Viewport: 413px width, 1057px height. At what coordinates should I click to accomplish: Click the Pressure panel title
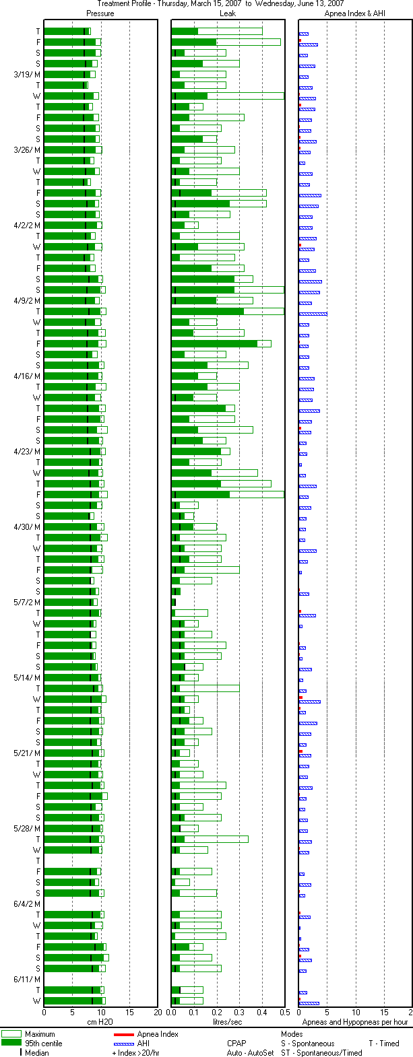coord(100,13)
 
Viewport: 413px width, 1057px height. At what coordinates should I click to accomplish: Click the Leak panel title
coord(228,13)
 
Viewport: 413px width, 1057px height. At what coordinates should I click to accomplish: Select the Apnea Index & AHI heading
coord(354,13)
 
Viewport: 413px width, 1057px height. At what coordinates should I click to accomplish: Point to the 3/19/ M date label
coord(27,74)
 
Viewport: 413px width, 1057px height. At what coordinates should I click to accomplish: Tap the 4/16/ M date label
coord(27,376)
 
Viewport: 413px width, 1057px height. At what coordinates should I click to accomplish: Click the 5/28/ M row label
coord(27,828)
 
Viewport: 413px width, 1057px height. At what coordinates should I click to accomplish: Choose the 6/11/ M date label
coord(27,979)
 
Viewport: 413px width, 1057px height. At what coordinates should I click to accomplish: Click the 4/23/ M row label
coord(27,451)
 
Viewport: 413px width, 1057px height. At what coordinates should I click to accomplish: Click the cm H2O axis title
coord(100,1022)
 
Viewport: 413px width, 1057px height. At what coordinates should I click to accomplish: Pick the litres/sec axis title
coord(228,1022)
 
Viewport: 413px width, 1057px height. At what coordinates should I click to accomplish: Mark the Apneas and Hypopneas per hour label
coord(354,1022)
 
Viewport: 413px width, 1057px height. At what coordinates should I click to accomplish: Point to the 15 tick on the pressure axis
coord(129,1012)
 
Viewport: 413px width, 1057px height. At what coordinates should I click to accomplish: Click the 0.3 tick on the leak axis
coord(239,1012)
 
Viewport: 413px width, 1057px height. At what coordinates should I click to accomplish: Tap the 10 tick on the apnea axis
coord(355,1012)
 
